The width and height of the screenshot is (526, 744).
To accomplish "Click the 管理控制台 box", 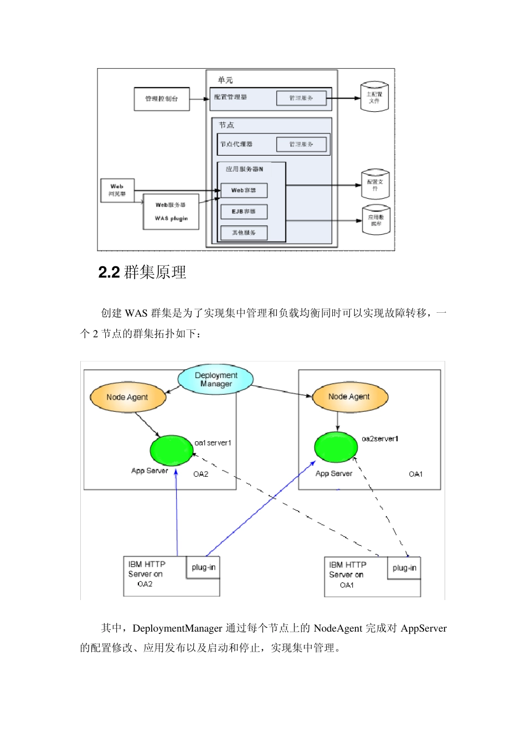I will click(x=162, y=99).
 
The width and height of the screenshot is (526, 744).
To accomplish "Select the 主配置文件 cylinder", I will click(x=374, y=97).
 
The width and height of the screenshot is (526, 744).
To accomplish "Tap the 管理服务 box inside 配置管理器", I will click(x=301, y=98).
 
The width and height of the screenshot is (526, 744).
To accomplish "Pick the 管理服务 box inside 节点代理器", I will click(x=301, y=144).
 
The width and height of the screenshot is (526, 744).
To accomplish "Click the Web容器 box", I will click(x=244, y=190).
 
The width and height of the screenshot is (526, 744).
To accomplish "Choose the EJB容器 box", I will click(x=244, y=211).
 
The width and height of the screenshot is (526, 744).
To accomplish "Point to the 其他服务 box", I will click(x=244, y=232).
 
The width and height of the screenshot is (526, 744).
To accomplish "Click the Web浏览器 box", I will click(x=117, y=190).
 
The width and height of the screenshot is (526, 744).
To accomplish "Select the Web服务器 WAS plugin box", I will click(x=171, y=211).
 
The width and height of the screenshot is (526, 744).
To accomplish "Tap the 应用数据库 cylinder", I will click(x=376, y=220).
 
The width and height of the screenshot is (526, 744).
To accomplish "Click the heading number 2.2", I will click(x=109, y=272).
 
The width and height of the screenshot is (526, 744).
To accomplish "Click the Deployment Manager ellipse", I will click(x=216, y=379).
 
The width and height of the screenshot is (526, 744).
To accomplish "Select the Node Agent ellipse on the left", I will click(x=128, y=397).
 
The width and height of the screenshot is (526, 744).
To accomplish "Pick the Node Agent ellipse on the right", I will click(x=350, y=396).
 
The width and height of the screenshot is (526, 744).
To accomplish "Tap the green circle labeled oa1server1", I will click(x=171, y=450).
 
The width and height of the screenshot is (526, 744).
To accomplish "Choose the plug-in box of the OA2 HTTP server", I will click(x=203, y=567).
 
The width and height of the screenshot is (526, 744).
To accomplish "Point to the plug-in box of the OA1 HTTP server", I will click(x=404, y=568).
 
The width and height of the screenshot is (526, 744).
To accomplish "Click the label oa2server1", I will click(x=380, y=439).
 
